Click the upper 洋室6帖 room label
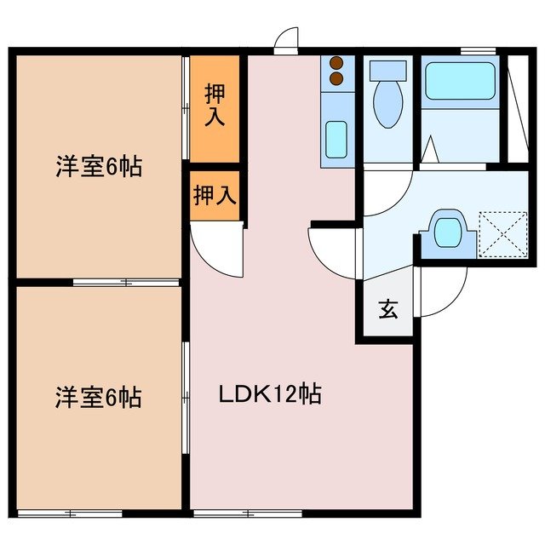(99, 167)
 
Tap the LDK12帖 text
(271, 394)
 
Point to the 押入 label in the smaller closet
(214, 196)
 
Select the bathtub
(459, 82)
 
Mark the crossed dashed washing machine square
(502, 232)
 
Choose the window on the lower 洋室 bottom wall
(72, 513)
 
